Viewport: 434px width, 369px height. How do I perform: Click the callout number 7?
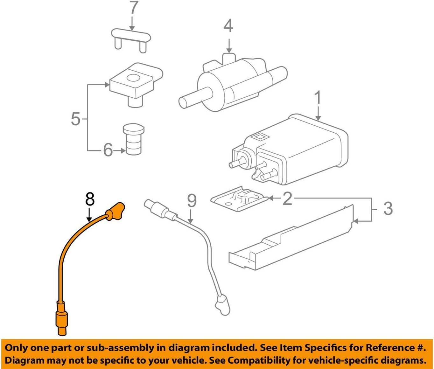click(x=133, y=8)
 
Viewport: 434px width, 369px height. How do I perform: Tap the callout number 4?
click(x=228, y=26)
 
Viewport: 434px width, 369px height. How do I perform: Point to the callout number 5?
click(x=76, y=119)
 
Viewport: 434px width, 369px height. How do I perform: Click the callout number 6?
click(x=108, y=150)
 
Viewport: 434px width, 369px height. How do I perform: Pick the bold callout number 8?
click(x=90, y=199)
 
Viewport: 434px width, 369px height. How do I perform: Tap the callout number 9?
click(x=192, y=201)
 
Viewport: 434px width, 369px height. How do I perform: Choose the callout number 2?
click(x=287, y=198)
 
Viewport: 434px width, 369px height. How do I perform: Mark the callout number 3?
click(x=388, y=208)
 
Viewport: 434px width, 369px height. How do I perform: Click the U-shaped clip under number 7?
click(x=131, y=38)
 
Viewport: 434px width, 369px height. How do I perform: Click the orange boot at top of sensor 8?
click(x=115, y=211)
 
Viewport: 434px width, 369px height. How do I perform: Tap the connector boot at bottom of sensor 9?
click(x=222, y=305)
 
